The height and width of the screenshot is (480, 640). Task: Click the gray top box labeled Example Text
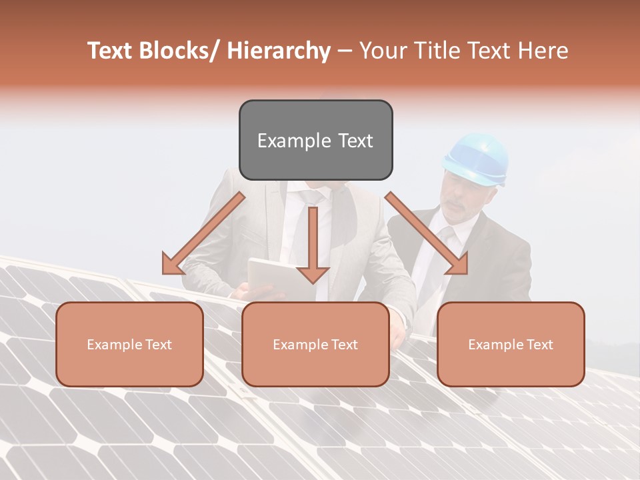tap(315, 140)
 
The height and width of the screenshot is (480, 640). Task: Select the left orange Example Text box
tap(129, 344)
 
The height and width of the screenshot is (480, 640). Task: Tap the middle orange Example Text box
tap(315, 344)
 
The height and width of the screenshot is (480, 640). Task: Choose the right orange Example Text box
tap(511, 344)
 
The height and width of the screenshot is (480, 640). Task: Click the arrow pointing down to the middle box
tap(313, 247)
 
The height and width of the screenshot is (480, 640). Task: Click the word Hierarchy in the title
tap(279, 51)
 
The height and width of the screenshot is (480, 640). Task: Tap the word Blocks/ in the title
tap(181, 51)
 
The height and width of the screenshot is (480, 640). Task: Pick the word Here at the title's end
tap(544, 51)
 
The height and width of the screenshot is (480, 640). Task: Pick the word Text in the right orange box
tap(539, 345)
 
